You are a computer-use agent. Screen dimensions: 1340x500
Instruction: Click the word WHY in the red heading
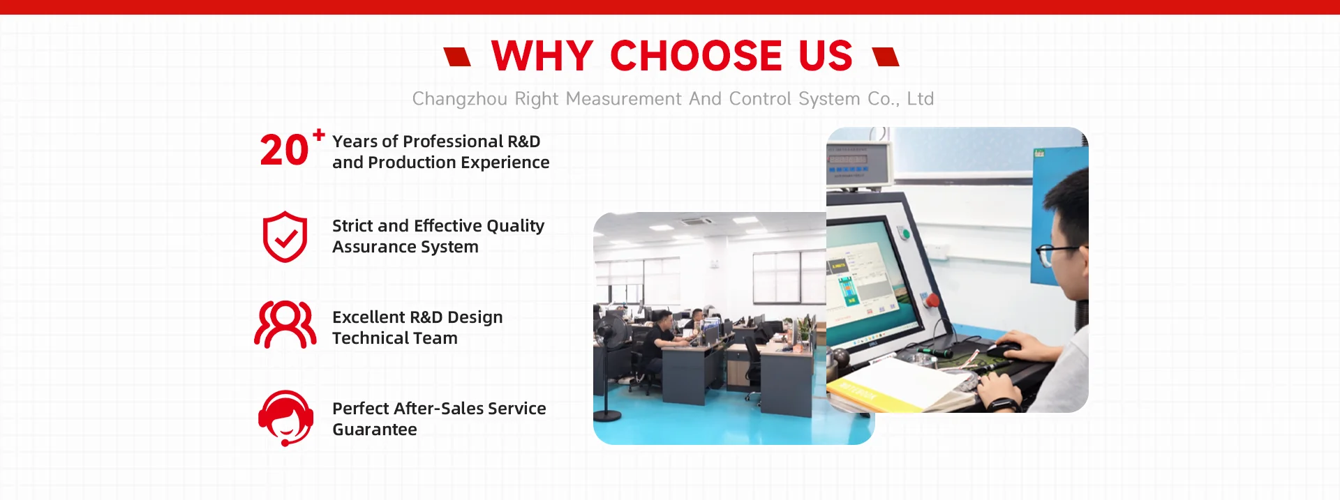click(x=542, y=56)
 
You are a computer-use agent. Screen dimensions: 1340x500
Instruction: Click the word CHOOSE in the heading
click(x=696, y=56)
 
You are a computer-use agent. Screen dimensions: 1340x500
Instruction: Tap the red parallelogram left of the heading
click(x=458, y=56)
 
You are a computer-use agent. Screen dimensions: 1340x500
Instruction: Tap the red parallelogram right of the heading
click(x=886, y=56)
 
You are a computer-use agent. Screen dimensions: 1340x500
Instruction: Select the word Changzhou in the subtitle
click(x=459, y=99)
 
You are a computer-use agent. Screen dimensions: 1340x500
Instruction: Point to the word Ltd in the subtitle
click(x=920, y=98)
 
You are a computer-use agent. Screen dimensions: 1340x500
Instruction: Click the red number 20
click(x=284, y=151)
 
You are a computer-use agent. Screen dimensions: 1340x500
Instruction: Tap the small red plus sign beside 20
click(x=318, y=135)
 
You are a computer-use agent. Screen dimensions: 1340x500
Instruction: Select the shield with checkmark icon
click(x=285, y=237)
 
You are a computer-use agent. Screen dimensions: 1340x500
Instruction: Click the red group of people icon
click(x=285, y=324)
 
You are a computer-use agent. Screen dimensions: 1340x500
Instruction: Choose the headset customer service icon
click(x=285, y=418)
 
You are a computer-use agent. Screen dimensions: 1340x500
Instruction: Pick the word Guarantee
click(x=375, y=430)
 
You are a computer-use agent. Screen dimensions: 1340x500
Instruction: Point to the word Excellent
click(x=368, y=317)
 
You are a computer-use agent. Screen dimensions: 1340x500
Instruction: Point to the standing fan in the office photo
click(x=607, y=363)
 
